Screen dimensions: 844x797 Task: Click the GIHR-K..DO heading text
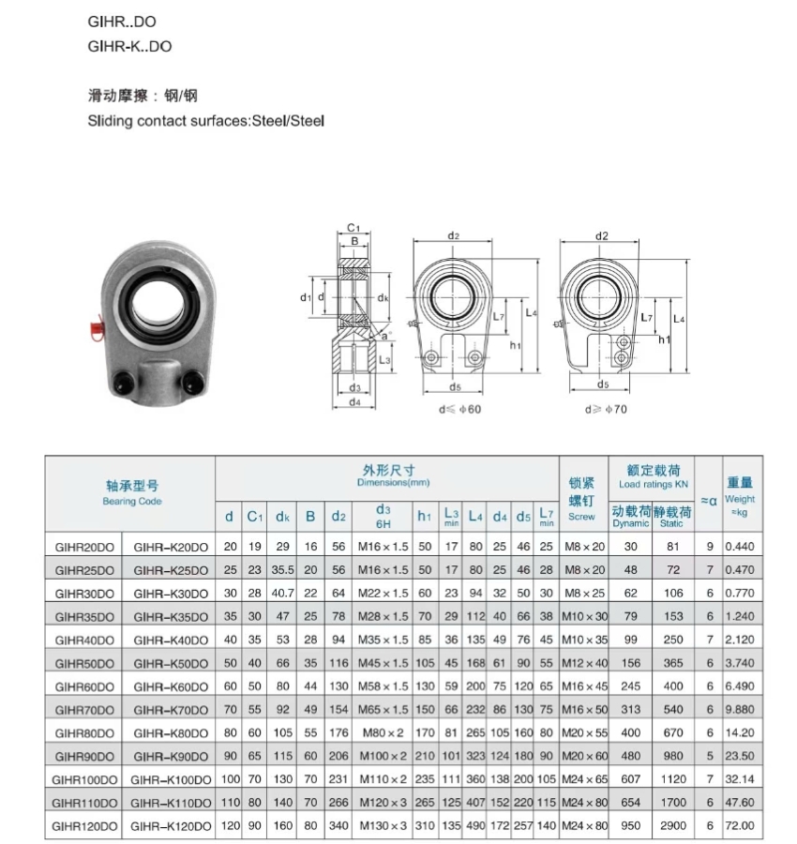pyautogui.click(x=129, y=45)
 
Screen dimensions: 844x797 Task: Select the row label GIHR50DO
pyautogui.click(x=84, y=663)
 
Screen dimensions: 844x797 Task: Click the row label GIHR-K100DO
pyautogui.click(x=170, y=779)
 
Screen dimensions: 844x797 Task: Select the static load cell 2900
pyautogui.click(x=671, y=826)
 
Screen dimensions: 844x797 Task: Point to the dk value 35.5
pyautogui.click(x=282, y=570)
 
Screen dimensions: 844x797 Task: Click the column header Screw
pyautogui.click(x=581, y=517)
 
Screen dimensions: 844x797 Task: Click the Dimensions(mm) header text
pyautogui.click(x=393, y=482)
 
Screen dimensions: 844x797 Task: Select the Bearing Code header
pyautogui.click(x=132, y=501)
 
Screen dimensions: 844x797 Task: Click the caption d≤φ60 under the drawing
pyautogui.click(x=459, y=409)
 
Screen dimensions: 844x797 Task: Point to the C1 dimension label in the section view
pyautogui.click(x=353, y=228)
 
